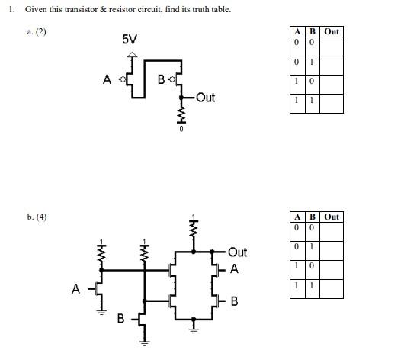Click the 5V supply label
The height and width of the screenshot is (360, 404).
point(130,39)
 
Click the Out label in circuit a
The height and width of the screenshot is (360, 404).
point(205,98)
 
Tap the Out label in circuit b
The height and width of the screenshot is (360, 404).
point(237,252)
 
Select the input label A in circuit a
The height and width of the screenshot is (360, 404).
point(107,79)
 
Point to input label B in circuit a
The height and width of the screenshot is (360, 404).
point(161,79)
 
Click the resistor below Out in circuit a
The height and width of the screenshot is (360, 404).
point(181,114)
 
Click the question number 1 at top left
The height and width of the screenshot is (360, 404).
point(12,9)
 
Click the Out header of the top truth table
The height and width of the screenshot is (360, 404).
point(332,31)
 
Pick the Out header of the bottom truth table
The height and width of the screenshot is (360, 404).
point(332,217)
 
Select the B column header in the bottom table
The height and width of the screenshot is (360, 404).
point(312,217)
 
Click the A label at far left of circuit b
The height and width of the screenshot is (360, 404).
point(75,288)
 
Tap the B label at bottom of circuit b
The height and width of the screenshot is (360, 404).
point(120,319)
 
